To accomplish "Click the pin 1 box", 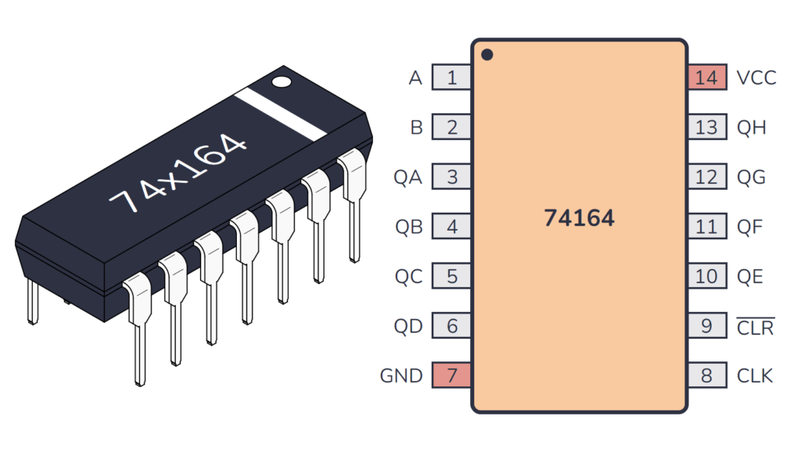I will tap(452, 78).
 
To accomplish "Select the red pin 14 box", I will tap(706, 78).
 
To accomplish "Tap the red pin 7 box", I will tap(452, 375).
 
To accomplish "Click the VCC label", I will tap(756, 78).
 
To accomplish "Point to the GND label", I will tap(400, 375).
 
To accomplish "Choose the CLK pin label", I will tap(755, 375).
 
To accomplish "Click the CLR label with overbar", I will tap(755, 327).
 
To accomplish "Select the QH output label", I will tap(752, 127).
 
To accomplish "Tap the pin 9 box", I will tap(706, 326).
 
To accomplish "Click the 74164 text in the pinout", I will tap(579, 218).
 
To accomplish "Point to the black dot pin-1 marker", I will tap(487, 56).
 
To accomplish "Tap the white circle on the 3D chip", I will tap(280, 81).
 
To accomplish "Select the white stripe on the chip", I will tap(279, 114).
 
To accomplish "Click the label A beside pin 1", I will tap(415, 78).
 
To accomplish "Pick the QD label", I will tap(408, 326).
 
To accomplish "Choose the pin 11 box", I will tap(706, 227).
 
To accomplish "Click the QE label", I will tap(750, 276).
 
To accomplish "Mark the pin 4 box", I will tap(452, 227).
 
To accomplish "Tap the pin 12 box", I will tap(706, 178).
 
